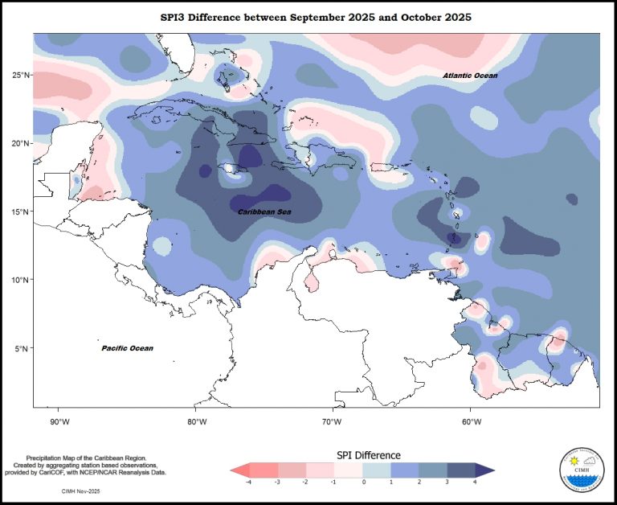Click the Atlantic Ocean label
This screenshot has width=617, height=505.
[470, 76]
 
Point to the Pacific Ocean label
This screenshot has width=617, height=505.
[127, 348]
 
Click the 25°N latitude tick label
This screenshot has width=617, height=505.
[21, 75]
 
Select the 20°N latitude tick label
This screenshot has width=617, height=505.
[21, 143]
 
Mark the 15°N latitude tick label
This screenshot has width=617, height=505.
[21, 211]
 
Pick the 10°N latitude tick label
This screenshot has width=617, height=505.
[21, 280]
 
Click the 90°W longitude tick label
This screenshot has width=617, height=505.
[59, 421]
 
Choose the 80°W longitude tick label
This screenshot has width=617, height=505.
[196, 421]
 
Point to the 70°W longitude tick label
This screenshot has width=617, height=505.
[333, 421]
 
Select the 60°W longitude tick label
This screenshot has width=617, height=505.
[469, 421]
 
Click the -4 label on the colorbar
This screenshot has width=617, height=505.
[249, 482]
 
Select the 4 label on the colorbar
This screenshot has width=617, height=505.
[476, 482]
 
